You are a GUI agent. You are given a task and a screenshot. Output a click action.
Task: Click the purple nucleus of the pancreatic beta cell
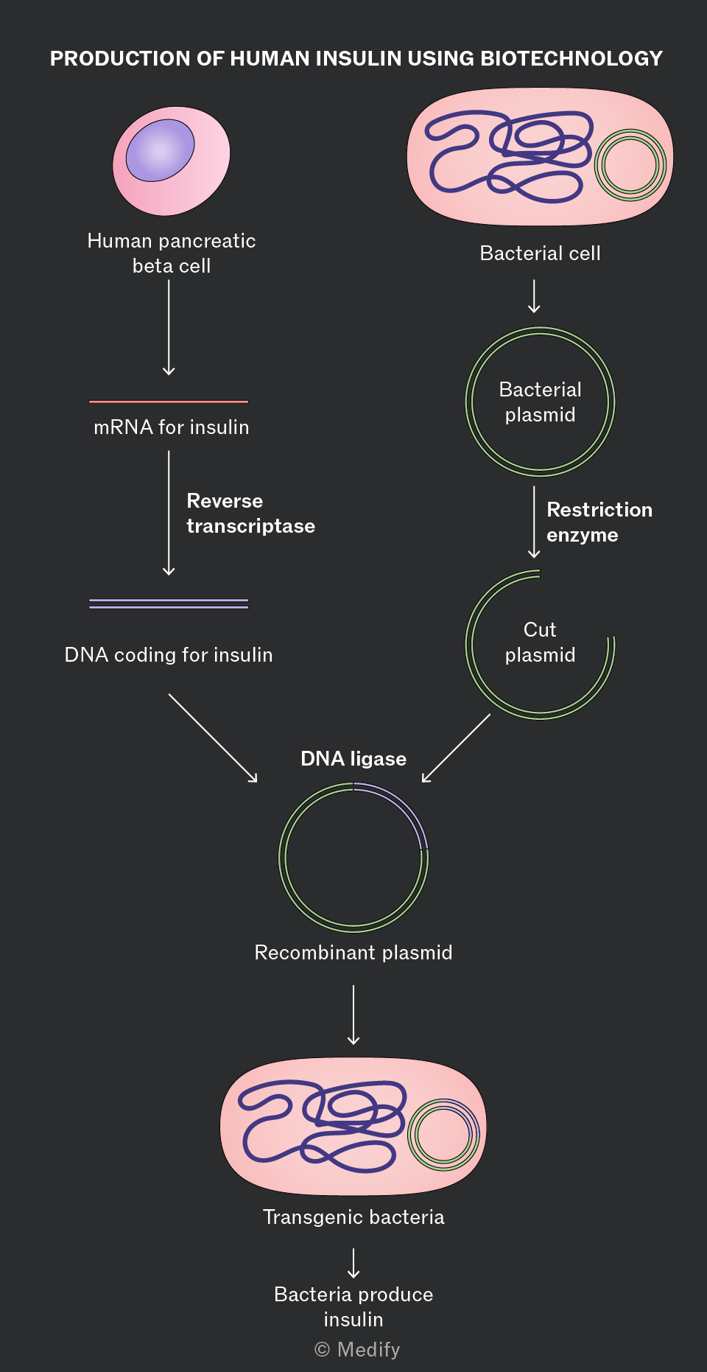point(160,150)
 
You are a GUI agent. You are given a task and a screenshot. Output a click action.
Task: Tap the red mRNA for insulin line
point(169,402)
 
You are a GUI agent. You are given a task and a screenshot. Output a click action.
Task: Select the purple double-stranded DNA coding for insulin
point(169,603)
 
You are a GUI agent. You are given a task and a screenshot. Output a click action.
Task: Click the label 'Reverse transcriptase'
point(250,514)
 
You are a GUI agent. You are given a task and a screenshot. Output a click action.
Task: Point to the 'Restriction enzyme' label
point(599,522)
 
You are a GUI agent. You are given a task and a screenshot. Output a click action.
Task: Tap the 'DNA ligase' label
point(353,759)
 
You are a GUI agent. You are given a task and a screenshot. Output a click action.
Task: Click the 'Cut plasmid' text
point(540,643)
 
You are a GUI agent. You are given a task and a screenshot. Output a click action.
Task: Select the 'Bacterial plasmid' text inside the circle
point(540,402)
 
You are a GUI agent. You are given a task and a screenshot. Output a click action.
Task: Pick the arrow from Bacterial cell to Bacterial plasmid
point(534,296)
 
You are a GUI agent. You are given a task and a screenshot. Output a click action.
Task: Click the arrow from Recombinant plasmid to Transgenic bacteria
point(353,1015)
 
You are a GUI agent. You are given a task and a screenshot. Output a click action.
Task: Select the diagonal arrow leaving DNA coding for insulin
point(213,738)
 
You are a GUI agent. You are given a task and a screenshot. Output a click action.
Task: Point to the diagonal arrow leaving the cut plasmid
point(456,748)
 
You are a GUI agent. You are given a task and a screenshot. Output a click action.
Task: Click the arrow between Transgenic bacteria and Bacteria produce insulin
point(353,1263)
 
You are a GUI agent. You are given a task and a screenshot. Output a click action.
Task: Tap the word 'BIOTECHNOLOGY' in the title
point(571,59)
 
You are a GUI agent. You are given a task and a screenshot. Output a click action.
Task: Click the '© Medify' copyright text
point(357,1350)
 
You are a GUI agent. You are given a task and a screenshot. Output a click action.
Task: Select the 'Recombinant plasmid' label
point(353,953)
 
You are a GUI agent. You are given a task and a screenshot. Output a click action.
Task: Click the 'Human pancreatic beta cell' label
point(172,253)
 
